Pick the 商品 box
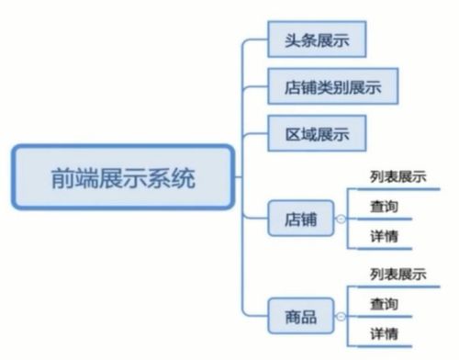coord(300,318)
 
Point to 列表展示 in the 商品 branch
coord(397,275)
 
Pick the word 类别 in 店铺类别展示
coord(330,88)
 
